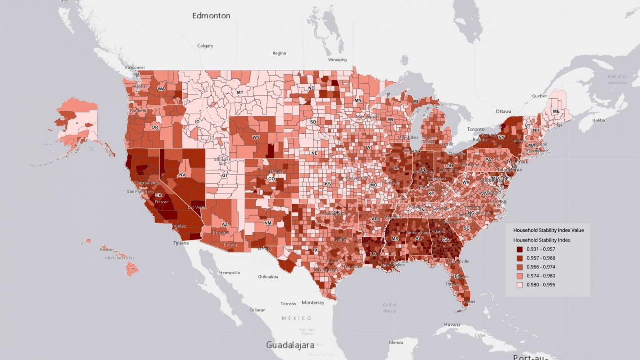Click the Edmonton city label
tap(211, 16)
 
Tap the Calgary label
tap(205, 45)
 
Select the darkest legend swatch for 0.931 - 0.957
tap(520, 249)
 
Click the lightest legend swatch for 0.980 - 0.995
tap(520, 285)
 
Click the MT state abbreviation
tap(240, 92)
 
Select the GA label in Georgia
tap(445, 240)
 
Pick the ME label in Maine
tap(556, 112)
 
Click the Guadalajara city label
tap(290, 345)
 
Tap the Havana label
tap(452, 324)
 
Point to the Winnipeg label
tap(337, 60)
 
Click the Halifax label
tap(599, 120)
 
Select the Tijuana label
tap(181, 243)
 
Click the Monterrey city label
tap(313, 303)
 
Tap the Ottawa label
tap(504, 111)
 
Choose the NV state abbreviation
tap(182, 175)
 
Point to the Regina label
tap(279, 53)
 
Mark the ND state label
tap(311, 88)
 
